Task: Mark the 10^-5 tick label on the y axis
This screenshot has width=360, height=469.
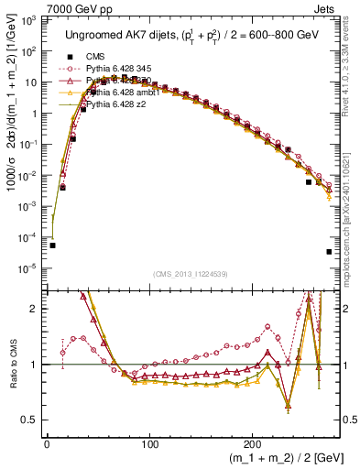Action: point(29,268)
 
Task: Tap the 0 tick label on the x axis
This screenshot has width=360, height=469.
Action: point(47,443)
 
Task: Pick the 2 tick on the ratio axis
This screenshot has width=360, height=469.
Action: point(36,309)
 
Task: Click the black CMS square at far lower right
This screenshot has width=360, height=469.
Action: point(329,252)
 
